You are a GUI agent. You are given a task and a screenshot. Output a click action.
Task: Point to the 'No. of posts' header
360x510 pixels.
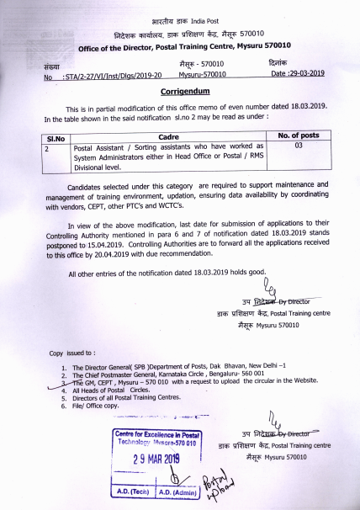coord(298,135)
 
